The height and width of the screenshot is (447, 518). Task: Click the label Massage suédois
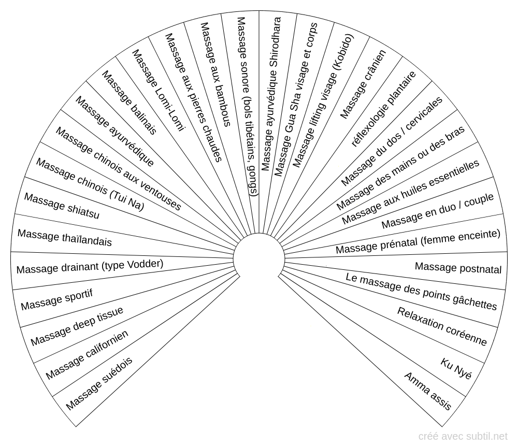99,383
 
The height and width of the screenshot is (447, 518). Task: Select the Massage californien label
87,354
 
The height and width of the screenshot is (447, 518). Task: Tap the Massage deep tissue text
77,326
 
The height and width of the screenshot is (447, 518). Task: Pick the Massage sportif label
56,299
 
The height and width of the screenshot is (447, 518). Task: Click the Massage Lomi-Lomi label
158,90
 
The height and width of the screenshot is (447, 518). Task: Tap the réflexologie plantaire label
383,109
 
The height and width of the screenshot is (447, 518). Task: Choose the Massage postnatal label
458,268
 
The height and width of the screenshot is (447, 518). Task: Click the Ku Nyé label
456,368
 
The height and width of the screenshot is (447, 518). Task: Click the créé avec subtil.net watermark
463,437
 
